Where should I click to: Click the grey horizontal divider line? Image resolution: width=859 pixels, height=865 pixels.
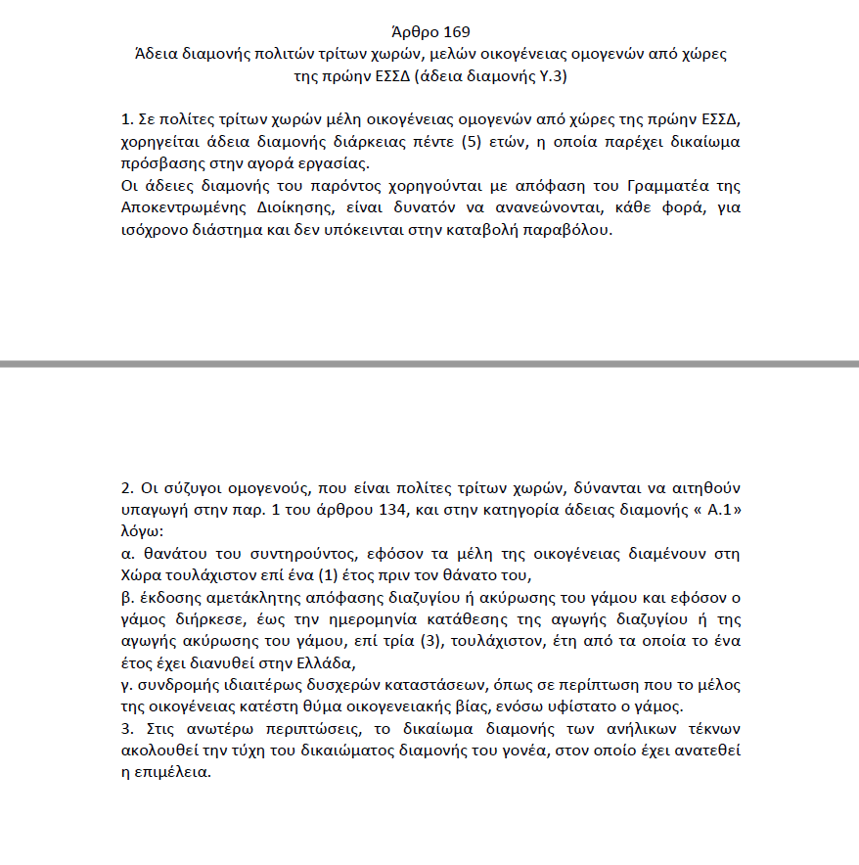(429, 363)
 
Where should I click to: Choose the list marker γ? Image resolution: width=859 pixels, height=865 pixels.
(126, 684)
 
